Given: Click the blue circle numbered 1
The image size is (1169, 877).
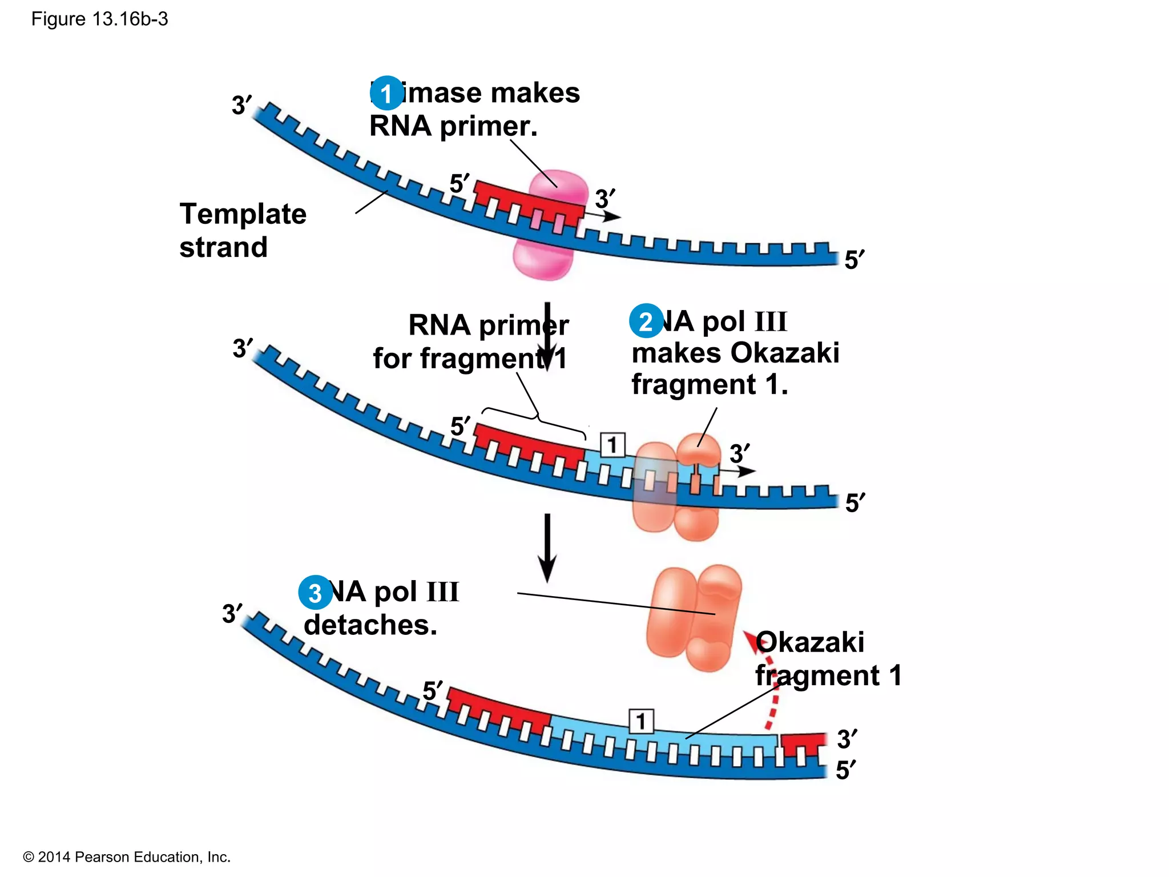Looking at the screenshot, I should coord(386,93).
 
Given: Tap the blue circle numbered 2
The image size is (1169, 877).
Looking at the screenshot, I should coord(646,321).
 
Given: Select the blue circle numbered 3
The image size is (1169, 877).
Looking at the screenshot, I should coord(315,593).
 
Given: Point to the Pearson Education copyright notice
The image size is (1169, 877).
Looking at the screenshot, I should coord(126,857).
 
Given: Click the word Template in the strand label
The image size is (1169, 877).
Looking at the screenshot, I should coord(243,214).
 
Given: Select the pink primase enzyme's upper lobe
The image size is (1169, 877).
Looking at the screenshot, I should coord(558,188).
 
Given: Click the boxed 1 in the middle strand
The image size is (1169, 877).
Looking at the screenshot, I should coord(612,445).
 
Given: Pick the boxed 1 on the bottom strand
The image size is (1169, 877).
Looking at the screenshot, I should coord(640,722).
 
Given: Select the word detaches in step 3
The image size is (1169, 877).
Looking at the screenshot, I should coord(370,625).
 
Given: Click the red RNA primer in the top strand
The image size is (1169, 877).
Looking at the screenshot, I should coord(528,200).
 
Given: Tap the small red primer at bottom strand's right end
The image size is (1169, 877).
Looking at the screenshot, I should coord(803,745).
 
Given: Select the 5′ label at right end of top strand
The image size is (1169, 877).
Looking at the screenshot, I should coord(854,260).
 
